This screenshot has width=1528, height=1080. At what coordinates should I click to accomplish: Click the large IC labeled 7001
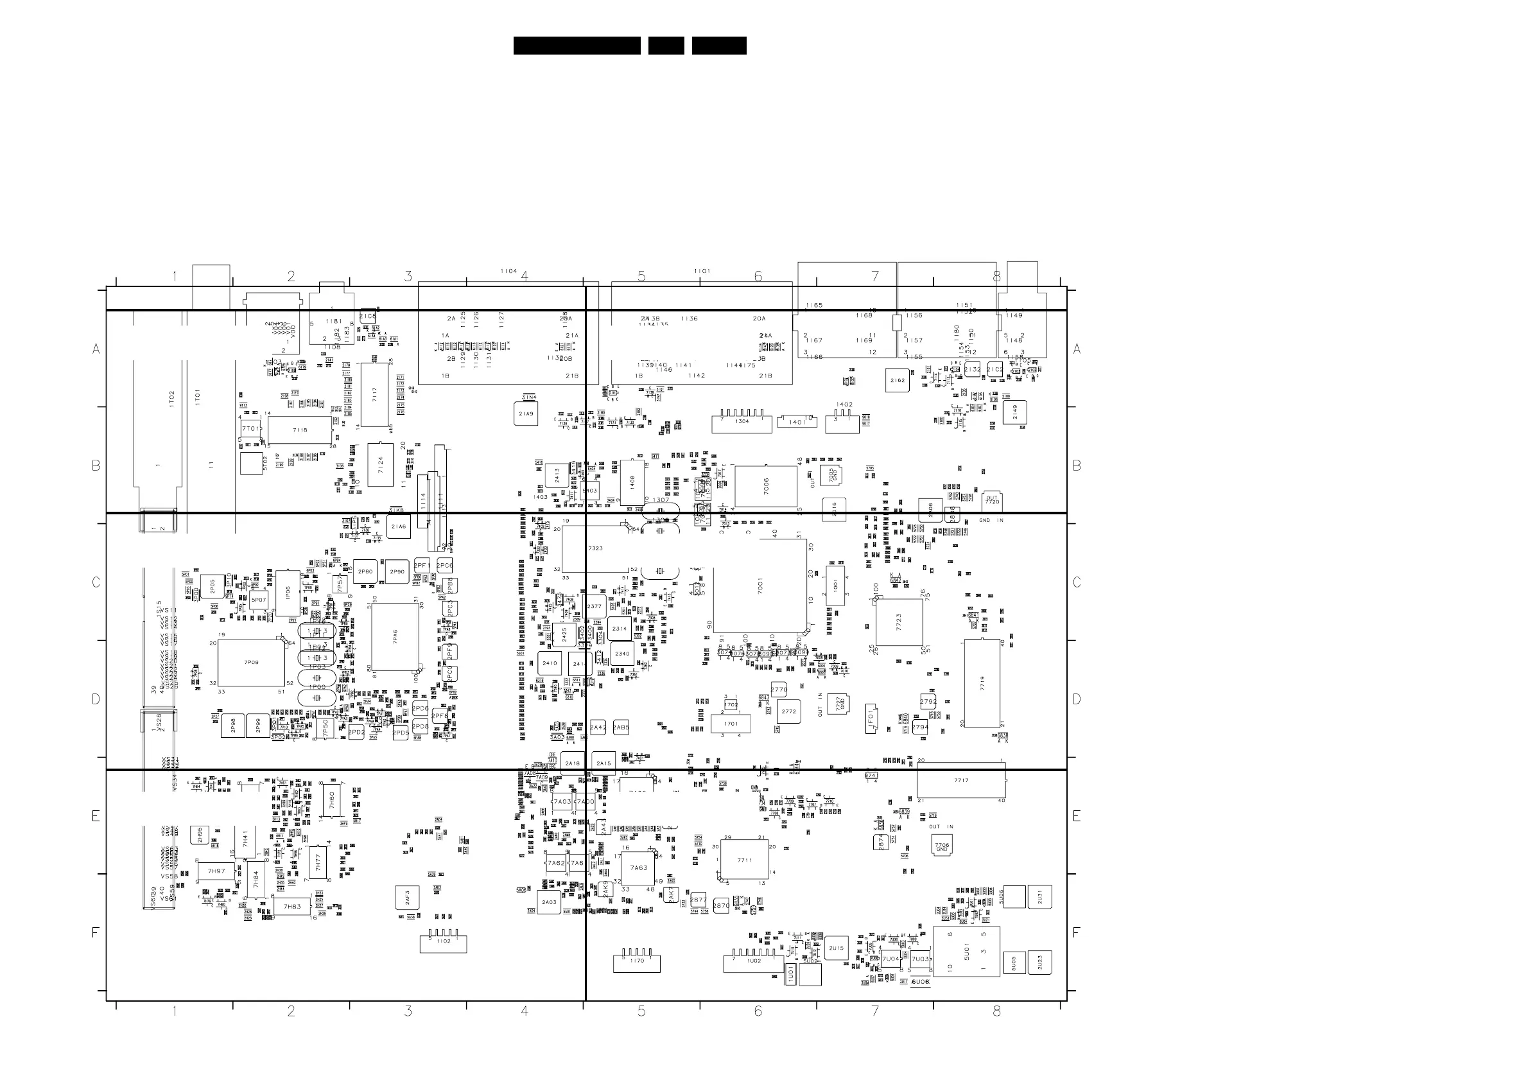click(760, 586)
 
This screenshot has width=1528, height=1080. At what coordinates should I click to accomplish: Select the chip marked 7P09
click(251, 663)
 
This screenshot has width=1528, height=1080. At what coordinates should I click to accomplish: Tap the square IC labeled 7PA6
click(395, 637)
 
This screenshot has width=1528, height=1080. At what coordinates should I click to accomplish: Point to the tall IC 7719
click(982, 683)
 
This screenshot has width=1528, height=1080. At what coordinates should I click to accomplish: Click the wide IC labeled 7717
click(961, 781)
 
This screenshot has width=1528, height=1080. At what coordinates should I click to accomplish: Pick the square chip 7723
click(899, 622)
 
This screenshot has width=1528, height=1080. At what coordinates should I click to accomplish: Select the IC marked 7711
click(744, 860)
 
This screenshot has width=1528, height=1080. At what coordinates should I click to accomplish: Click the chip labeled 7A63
click(638, 868)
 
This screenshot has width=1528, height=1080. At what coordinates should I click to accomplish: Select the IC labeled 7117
click(374, 395)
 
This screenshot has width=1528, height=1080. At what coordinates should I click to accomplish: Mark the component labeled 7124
click(380, 464)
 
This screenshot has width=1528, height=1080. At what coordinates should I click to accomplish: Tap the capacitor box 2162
click(897, 381)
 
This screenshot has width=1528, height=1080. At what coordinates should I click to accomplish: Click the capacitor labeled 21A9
click(526, 414)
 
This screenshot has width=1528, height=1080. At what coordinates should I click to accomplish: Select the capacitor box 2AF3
click(407, 898)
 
